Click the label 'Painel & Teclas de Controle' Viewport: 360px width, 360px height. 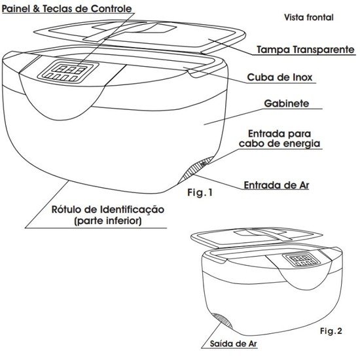pos(67,9)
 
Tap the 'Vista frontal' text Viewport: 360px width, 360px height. pos(309,18)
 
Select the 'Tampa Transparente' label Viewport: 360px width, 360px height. pos(306,50)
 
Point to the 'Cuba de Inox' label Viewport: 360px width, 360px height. pos(279,77)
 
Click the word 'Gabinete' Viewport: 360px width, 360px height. pos(287,103)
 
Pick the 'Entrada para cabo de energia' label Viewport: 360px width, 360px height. pos(279,139)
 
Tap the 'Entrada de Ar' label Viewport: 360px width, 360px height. pos(276,185)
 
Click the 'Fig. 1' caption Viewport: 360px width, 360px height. pos(200,192)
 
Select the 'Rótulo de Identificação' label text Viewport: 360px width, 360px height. pos(108,209)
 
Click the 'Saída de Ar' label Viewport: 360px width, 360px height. pos(233,344)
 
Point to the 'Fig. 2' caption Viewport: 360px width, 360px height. pos(331,331)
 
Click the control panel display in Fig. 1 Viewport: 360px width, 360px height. pos(69,71)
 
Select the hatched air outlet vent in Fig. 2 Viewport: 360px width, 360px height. pos(223,321)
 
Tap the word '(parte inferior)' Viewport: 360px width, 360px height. pos(108,221)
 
